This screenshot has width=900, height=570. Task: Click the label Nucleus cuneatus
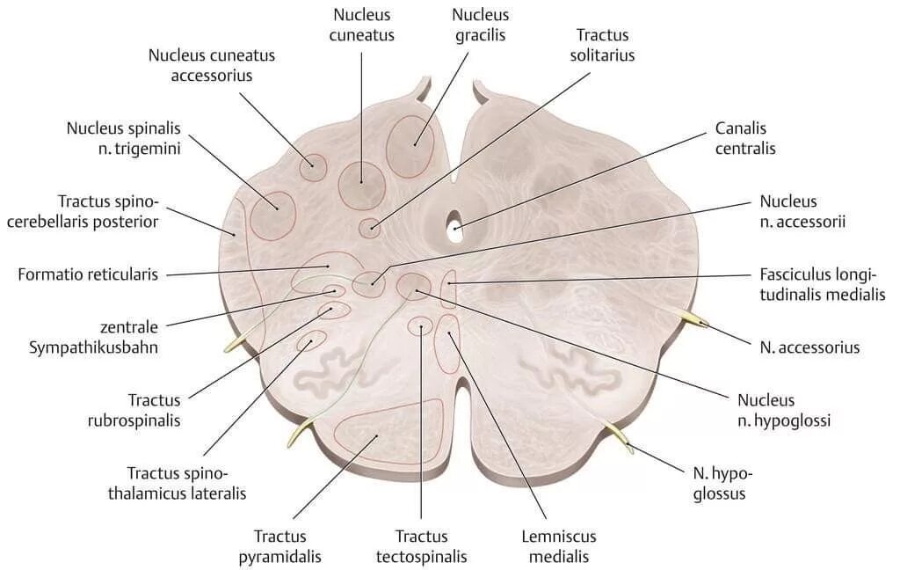pos(363,26)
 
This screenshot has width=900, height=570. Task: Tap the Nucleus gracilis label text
pos(480,26)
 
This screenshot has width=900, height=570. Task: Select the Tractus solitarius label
pos(605,45)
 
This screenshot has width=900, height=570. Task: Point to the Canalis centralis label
pos(745,139)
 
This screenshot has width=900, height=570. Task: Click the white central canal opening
pos(455,226)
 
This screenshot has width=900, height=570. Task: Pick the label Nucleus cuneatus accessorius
pos(211,65)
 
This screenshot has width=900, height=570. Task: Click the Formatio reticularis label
pos(88,274)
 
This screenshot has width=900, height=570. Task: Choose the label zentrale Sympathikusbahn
pos(86,336)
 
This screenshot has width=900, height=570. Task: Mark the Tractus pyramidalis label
pos(287,545)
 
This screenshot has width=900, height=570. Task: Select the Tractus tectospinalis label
pos(421,545)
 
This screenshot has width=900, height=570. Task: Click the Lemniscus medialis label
pos(559,545)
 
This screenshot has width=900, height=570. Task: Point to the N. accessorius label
pos(809,347)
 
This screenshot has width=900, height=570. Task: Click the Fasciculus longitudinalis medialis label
pos(822,284)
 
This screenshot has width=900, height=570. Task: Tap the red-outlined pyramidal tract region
pos(375,431)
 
